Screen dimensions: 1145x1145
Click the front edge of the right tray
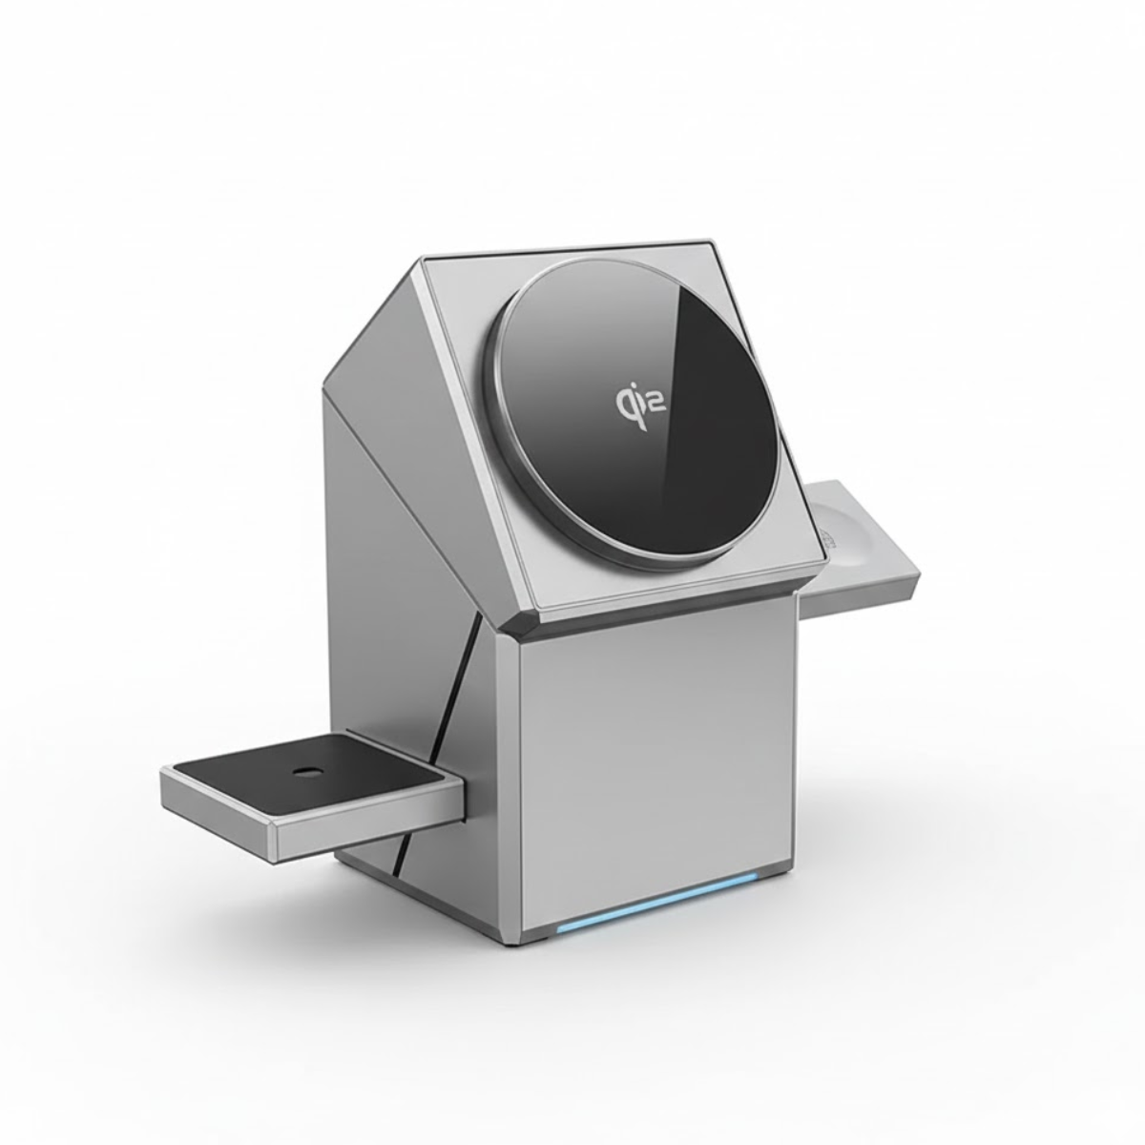(864, 601)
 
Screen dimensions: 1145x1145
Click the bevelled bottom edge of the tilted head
(668, 611)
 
